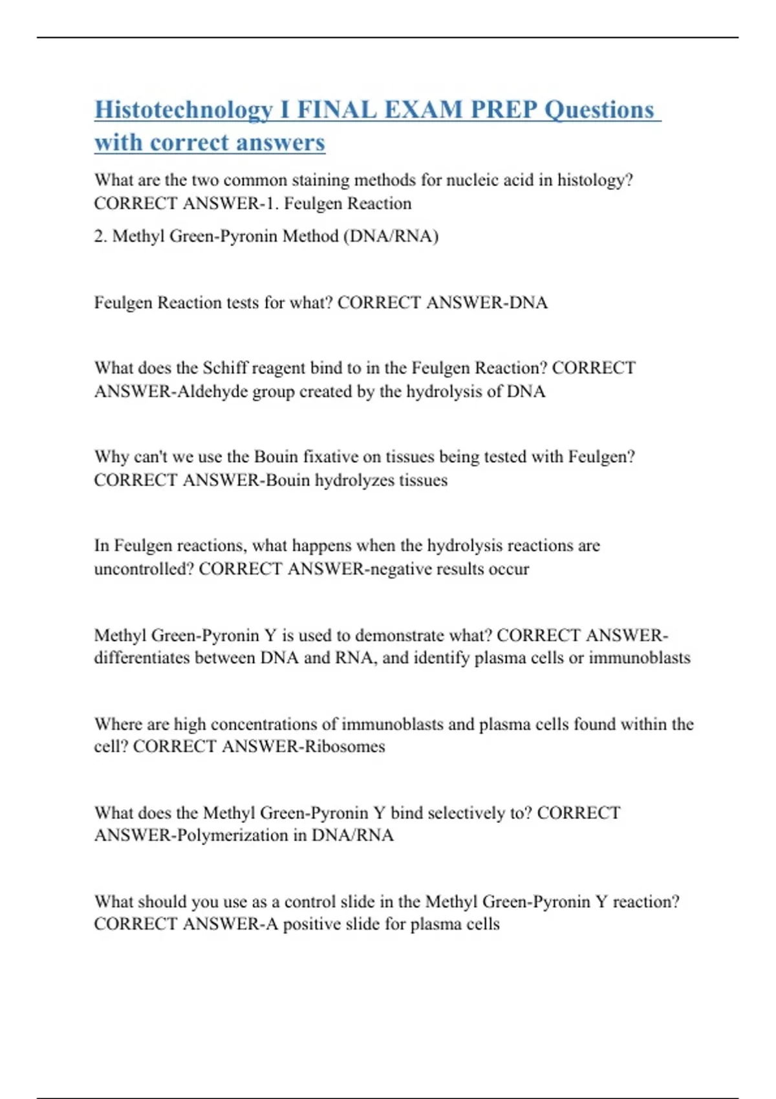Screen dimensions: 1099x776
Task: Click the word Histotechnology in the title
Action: coord(183,110)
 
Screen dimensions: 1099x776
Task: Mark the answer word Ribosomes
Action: coord(345,747)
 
